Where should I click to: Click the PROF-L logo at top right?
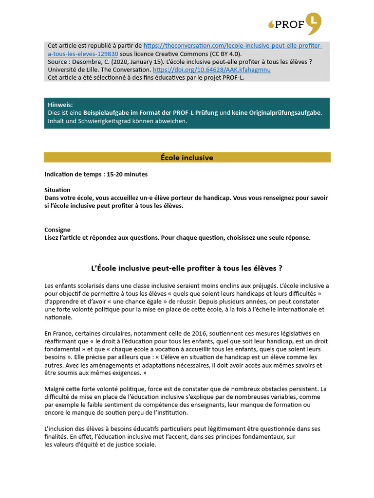[295, 24]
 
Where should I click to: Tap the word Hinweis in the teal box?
[60, 105]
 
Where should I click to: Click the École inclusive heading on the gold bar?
[187, 158]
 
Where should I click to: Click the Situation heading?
[57, 190]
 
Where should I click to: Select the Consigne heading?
[57, 230]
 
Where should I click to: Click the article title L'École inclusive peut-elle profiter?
[187, 268]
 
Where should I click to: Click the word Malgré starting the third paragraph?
[55, 389]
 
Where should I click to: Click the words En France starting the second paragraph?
[56, 333]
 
